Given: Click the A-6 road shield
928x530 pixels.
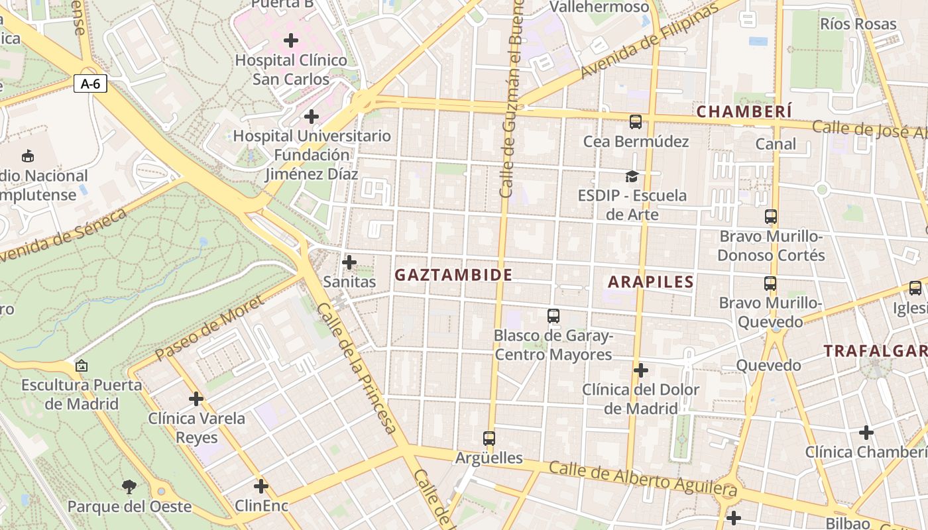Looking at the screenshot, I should pyautogui.click(x=90, y=84).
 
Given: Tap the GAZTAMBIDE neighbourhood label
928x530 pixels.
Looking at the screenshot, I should pyautogui.click(x=453, y=275).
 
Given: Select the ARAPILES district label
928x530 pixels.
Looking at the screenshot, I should pyautogui.click(x=651, y=282).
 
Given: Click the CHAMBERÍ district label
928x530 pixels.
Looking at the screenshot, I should pyautogui.click(x=744, y=111).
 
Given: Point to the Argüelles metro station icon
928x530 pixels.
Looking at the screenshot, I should pyautogui.click(x=489, y=439).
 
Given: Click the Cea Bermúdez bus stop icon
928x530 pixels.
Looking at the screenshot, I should pyautogui.click(x=635, y=122).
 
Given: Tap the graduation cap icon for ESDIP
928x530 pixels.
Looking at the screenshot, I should pyautogui.click(x=632, y=176).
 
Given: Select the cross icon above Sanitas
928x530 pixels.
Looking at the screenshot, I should pyautogui.click(x=349, y=262).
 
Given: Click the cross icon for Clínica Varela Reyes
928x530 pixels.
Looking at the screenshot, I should pyautogui.click(x=196, y=399).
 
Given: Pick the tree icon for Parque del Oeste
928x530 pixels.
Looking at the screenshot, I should pyautogui.click(x=129, y=488).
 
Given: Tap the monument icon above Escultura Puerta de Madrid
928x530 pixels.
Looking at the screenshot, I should pyautogui.click(x=82, y=366).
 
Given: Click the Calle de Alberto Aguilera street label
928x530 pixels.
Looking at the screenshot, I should pyautogui.click(x=643, y=479).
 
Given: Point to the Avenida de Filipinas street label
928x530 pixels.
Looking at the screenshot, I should pyautogui.click(x=649, y=42).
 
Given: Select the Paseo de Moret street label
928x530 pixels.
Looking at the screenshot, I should pyautogui.click(x=209, y=329).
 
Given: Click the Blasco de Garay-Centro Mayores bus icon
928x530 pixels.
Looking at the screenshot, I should pyautogui.click(x=553, y=316).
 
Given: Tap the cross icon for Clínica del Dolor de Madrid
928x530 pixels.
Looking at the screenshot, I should pyautogui.click(x=640, y=370).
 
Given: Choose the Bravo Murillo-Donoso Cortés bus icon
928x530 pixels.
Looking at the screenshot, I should pyautogui.click(x=770, y=217).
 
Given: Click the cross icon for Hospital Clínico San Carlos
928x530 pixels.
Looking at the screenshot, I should pyautogui.click(x=291, y=41).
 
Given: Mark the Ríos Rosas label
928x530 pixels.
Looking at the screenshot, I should pyautogui.click(x=858, y=25).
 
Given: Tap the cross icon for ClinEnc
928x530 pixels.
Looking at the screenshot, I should pyautogui.click(x=261, y=486).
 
